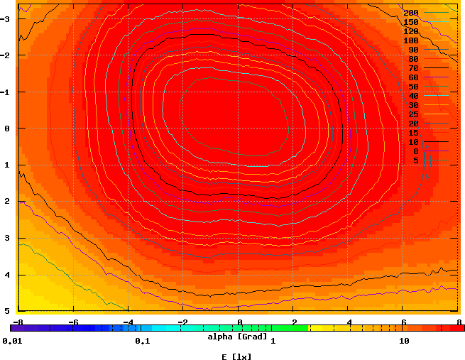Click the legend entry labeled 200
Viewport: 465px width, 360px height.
411,13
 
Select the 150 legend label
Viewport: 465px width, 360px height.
411,22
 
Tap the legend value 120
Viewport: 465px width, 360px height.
411,31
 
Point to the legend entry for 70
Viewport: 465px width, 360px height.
413,68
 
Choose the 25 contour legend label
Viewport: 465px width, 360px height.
413,114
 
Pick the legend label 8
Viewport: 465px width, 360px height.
415,151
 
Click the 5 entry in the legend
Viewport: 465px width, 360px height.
415,160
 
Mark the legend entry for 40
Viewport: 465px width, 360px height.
413,96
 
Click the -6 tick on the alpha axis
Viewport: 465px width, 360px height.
72,322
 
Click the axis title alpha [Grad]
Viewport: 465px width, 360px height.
237,336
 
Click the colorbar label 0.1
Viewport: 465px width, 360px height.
142,342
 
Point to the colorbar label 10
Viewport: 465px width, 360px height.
404,342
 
